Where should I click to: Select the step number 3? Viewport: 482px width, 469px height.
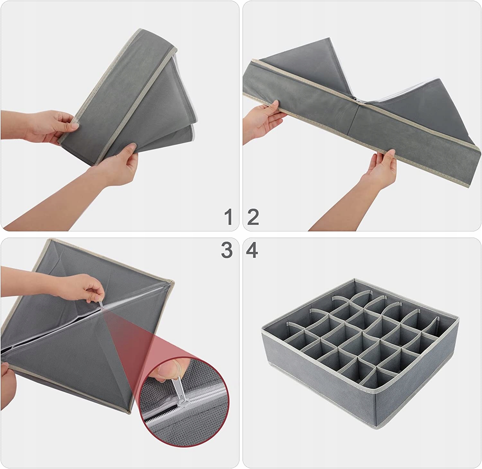(x=227, y=250)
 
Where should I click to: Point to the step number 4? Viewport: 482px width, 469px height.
(x=252, y=250)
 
